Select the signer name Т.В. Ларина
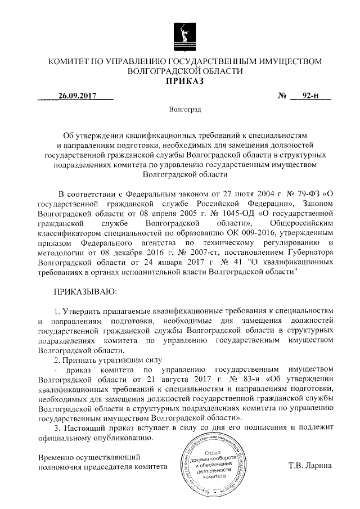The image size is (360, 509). click(310, 466)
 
